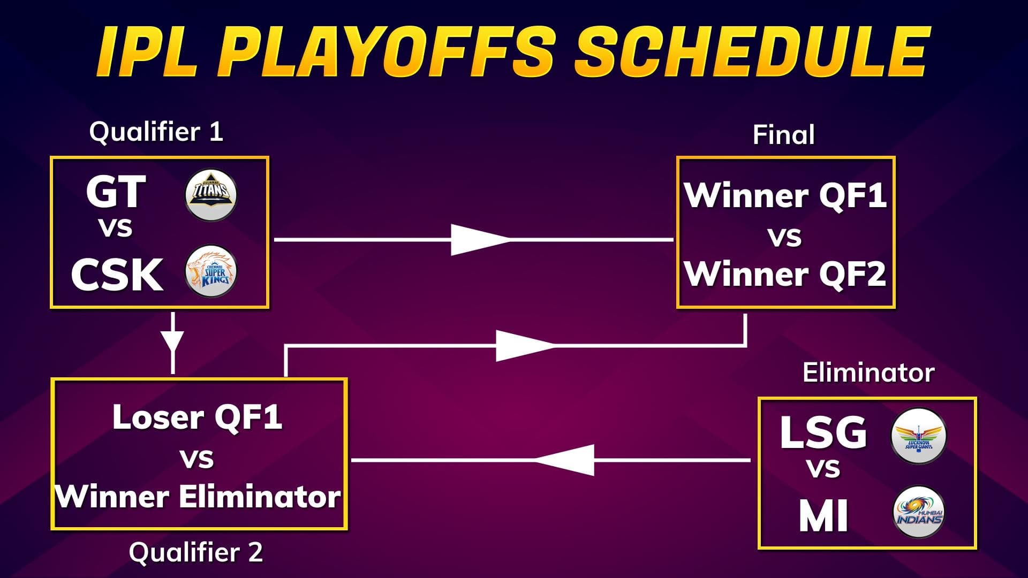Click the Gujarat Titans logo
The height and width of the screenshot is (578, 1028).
point(211,195)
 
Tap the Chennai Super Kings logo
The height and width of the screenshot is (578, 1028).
point(211,272)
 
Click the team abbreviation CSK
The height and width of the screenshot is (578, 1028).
point(117,275)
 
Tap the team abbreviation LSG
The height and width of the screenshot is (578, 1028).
point(823,432)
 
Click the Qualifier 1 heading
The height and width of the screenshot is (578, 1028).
point(156,132)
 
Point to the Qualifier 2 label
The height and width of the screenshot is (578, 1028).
point(196,552)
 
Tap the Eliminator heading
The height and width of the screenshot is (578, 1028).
point(868,372)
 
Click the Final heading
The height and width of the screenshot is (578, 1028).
point(783,134)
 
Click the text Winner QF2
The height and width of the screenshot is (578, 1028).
point(785,274)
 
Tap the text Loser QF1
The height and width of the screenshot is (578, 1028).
point(198,417)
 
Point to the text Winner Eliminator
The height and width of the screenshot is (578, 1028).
point(198,497)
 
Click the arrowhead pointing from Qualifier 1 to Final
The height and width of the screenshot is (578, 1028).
point(477,240)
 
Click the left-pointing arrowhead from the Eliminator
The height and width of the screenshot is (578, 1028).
point(568,460)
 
